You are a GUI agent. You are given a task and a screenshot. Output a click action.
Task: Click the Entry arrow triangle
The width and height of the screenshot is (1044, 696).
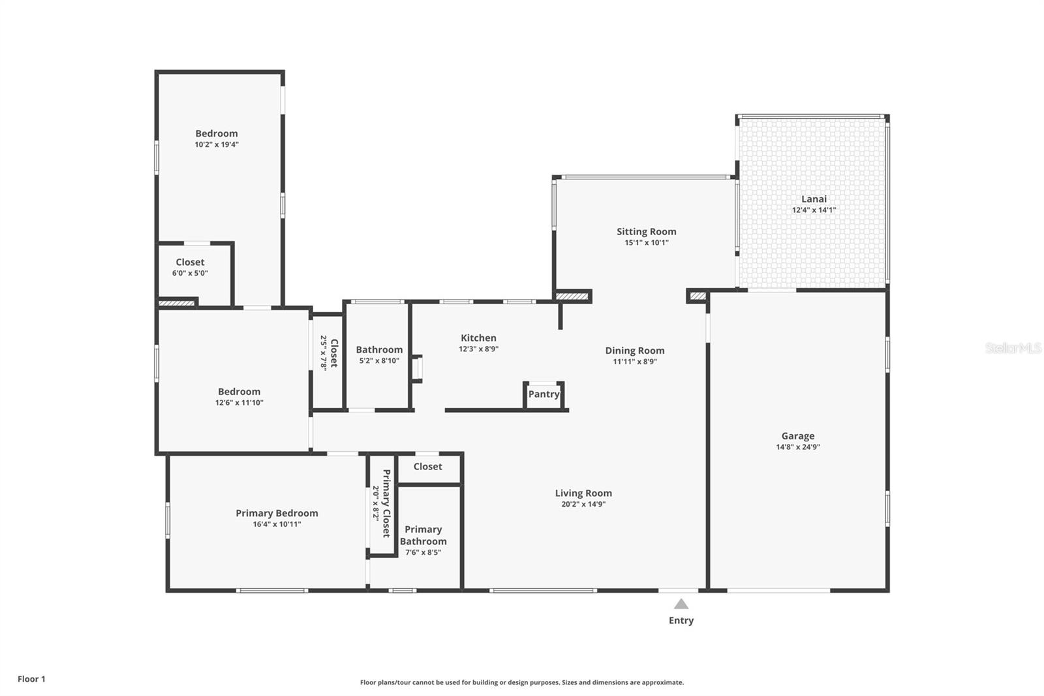(681, 605)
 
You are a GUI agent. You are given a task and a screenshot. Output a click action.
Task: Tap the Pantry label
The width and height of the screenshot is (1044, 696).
(544, 394)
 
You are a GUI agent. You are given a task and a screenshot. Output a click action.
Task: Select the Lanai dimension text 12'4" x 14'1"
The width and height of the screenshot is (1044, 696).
(814, 210)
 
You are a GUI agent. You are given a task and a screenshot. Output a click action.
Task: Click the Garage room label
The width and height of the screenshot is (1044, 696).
(797, 436)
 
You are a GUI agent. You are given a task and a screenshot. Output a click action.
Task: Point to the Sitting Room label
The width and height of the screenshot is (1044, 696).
(646, 232)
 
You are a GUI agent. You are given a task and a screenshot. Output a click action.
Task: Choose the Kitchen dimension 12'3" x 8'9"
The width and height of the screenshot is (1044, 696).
(478, 349)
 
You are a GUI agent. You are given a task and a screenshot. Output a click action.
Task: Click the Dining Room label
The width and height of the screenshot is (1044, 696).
(634, 351)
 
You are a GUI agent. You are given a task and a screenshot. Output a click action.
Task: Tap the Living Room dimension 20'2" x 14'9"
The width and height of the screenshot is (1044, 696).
(583, 504)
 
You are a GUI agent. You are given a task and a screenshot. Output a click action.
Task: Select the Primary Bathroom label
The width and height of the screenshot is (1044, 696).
(423, 535)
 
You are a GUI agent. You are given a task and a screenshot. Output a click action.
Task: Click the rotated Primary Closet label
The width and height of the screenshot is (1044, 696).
(386, 503)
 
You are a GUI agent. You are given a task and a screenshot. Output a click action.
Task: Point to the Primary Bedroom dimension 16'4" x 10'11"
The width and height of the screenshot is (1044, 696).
(277, 524)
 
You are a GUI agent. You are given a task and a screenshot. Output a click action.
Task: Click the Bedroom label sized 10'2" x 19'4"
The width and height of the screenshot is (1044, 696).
(216, 134)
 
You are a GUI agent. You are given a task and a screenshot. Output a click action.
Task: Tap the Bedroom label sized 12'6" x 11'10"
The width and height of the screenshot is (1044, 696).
(239, 392)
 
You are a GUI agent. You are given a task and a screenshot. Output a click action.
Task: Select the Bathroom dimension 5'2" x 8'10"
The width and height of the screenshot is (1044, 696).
(379, 361)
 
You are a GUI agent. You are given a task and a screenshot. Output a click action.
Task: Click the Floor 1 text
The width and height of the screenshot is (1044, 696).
(31, 679)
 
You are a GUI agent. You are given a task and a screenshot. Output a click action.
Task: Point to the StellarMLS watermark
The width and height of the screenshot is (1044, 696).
(1013, 348)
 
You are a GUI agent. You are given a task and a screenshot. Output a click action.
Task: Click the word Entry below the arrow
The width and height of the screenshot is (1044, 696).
(681, 621)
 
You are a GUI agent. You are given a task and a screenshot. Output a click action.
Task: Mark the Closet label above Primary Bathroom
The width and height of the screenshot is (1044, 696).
(427, 467)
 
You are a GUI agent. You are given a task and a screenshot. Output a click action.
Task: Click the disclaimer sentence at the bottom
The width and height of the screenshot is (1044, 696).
(522, 682)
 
